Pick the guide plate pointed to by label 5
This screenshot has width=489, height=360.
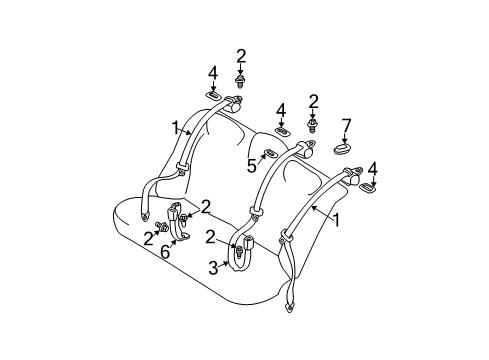point(270,154)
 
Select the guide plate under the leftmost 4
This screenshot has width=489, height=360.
point(213,96)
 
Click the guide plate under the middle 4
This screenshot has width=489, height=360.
point(282,131)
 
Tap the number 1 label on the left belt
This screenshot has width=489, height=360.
point(177,129)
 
